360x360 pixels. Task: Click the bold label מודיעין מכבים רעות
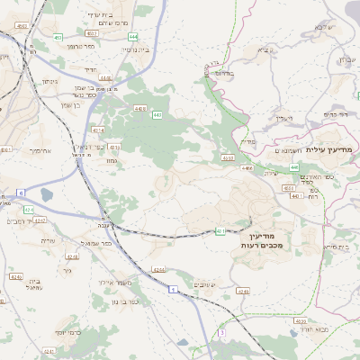point(263,238)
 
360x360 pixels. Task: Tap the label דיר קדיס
point(335,114)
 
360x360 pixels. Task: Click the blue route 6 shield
point(20,193)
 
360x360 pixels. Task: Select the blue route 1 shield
point(171,289)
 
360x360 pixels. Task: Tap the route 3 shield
point(220,332)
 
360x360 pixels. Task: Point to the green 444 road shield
point(133,36)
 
